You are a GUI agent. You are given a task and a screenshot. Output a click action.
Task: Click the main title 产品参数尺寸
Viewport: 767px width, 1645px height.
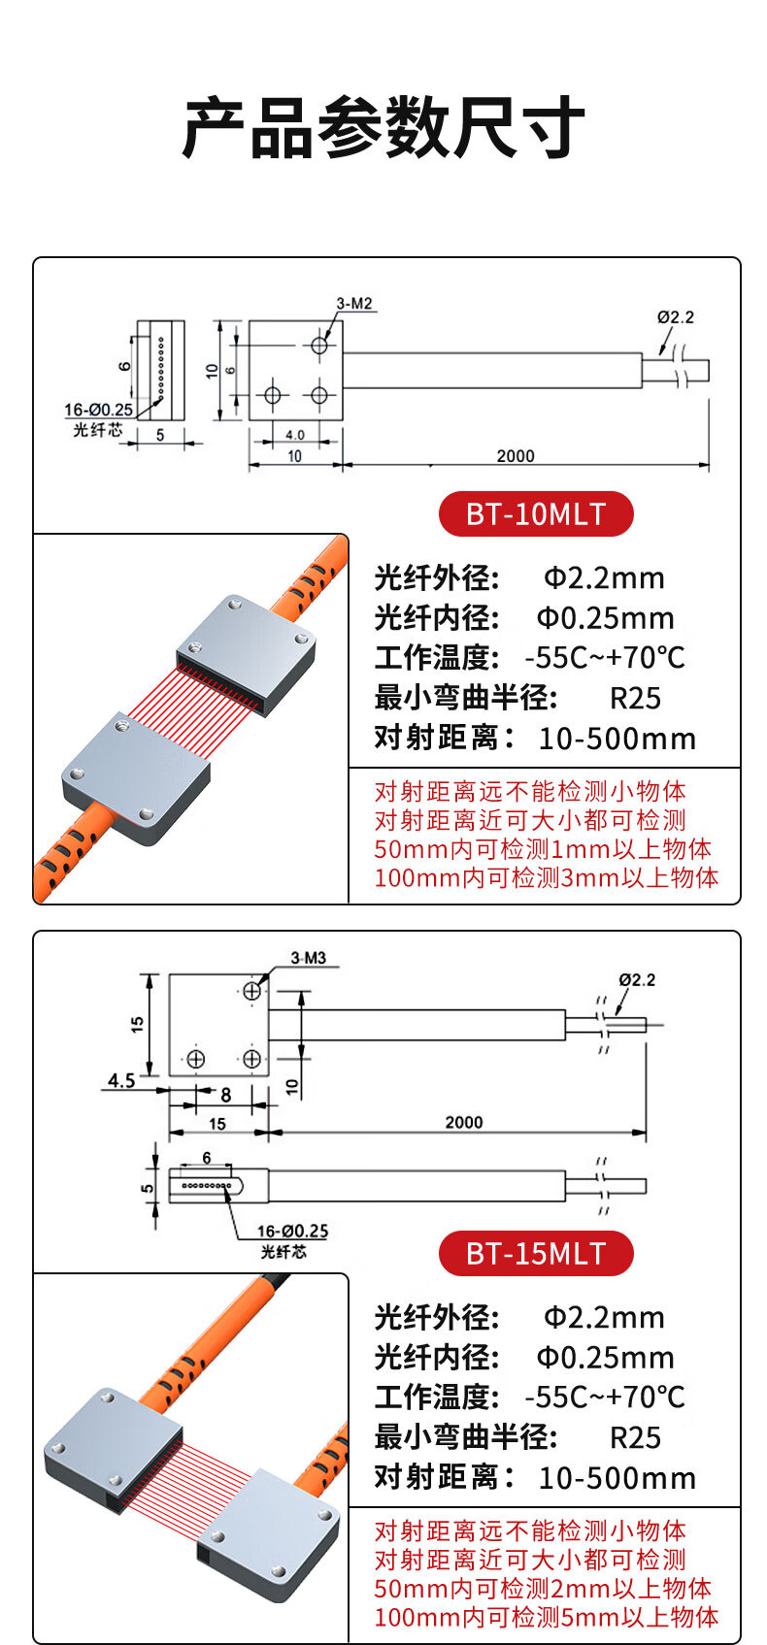point(383,129)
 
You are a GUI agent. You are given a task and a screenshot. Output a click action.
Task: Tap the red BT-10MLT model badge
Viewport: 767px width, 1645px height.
point(536,514)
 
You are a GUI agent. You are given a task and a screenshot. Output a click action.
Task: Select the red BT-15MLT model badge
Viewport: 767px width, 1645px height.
point(536,1254)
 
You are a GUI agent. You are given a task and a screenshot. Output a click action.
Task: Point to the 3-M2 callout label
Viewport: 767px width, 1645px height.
point(354,304)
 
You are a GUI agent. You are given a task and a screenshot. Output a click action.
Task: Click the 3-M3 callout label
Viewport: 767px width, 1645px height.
point(308,958)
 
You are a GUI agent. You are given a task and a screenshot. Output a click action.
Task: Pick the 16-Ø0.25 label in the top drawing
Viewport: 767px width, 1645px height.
point(99,411)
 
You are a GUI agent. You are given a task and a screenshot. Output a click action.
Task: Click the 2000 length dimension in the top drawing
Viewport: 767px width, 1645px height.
point(515,455)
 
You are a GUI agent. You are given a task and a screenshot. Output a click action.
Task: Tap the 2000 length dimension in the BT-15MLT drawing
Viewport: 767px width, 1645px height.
point(463,1122)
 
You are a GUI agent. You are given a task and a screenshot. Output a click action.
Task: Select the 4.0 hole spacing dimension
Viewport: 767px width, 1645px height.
point(294,435)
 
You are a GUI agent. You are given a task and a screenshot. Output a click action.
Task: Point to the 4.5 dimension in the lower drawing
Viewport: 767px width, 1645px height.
point(121,1080)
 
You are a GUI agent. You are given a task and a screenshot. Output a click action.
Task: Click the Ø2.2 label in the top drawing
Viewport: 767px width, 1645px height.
point(675,317)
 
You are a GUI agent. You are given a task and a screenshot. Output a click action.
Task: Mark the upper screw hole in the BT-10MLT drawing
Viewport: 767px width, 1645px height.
point(319,345)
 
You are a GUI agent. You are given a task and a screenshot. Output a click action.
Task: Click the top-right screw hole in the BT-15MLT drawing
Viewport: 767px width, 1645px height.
point(251,991)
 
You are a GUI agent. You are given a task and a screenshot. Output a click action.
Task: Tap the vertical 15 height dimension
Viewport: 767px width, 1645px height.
point(138,1024)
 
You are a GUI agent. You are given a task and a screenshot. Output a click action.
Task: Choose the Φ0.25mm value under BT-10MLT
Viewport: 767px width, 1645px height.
point(605,618)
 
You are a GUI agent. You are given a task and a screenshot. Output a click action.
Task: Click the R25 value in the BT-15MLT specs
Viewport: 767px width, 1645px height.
point(635,1437)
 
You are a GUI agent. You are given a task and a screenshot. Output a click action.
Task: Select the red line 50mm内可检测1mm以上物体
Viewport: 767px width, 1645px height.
point(543,849)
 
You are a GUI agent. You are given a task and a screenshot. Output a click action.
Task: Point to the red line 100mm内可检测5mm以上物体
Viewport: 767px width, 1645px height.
point(546,1617)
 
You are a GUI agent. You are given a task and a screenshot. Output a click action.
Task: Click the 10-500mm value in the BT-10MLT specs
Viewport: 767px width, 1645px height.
point(617,739)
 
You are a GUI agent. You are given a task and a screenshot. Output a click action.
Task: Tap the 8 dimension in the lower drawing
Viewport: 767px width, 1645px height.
point(225,1095)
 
